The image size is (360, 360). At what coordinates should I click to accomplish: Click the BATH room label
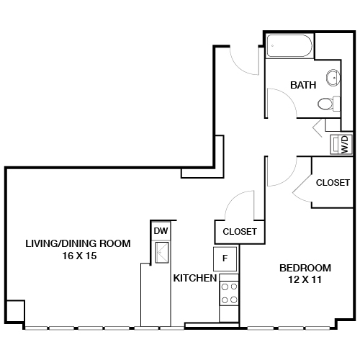tap(303, 85)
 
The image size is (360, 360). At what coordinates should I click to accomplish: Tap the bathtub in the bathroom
tap(290, 50)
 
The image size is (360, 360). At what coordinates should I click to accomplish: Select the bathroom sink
tap(333, 78)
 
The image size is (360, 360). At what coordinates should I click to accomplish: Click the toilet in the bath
tap(328, 104)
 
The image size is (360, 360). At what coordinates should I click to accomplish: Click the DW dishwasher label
tap(159, 230)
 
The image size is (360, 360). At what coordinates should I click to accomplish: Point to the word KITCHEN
tap(194, 278)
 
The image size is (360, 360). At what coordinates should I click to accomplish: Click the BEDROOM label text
tap(305, 268)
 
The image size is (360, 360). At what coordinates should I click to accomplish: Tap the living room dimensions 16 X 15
tap(78, 256)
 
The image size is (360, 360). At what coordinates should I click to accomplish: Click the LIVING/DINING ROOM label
tap(78, 243)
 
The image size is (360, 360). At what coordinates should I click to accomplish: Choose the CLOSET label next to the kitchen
tap(240, 232)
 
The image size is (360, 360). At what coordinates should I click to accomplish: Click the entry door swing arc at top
tap(243, 63)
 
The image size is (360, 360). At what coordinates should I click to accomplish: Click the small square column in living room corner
tap(15, 312)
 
